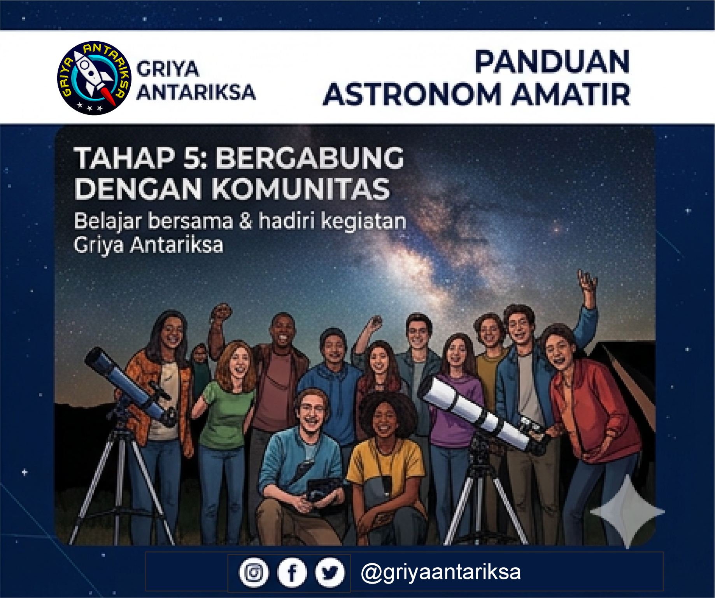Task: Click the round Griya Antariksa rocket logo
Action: click(x=94, y=78)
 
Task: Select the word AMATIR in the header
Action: click(x=571, y=95)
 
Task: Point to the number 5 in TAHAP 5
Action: click(x=193, y=158)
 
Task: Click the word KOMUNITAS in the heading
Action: click(x=300, y=189)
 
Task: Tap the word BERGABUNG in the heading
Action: click(x=310, y=158)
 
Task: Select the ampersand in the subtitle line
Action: click(x=245, y=221)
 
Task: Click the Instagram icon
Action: click(x=254, y=572)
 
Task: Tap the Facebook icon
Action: click(x=292, y=572)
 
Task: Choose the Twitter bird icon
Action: click(x=329, y=572)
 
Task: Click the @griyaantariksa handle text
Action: click(x=441, y=572)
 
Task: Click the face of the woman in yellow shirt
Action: click(x=384, y=420)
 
